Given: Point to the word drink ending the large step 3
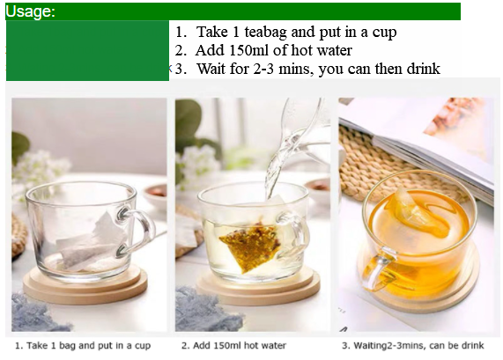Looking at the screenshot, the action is coord(424,69).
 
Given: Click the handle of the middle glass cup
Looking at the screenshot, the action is coord(296,234).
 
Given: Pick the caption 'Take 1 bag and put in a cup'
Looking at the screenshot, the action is coord(83,346).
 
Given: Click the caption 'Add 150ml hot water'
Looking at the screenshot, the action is coord(233,346).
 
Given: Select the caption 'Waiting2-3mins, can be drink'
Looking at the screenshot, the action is coord(413,346).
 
